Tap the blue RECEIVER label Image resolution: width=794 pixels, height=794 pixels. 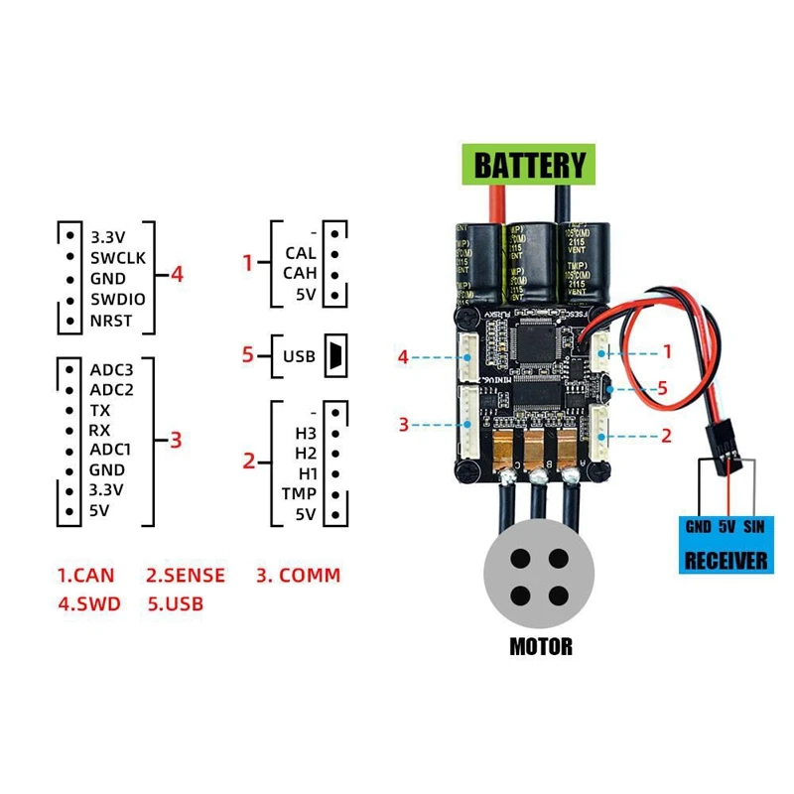(728, 560)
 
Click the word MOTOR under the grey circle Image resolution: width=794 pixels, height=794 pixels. (541, 647)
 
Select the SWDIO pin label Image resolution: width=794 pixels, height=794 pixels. (118, 300)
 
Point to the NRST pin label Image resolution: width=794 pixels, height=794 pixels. (111, 322)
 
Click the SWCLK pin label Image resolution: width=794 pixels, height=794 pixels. (118, 258)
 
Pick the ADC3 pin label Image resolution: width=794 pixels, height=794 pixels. (112, 369)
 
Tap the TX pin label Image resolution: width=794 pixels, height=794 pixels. (100, 410)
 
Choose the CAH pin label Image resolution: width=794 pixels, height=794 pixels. (300, 274)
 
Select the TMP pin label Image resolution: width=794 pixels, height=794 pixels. (299, 494)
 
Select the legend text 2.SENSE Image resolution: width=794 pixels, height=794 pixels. (186, 575)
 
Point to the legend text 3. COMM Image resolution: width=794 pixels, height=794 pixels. (299, 575)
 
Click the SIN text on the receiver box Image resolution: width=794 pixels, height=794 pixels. (755, 527)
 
